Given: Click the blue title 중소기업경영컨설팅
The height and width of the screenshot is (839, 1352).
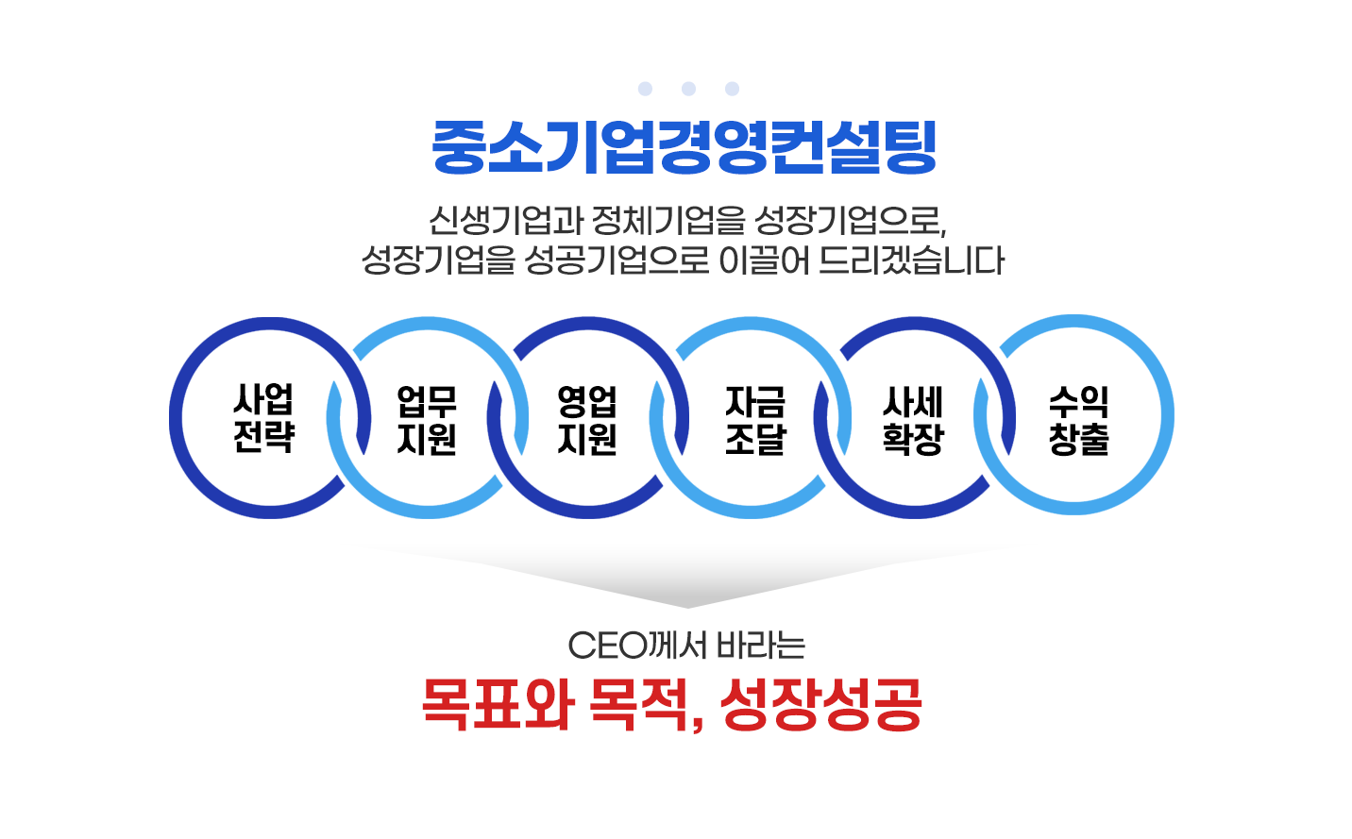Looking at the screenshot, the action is click(x=684, y=147).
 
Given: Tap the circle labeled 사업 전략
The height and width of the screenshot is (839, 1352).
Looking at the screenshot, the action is click(x=264, y=418).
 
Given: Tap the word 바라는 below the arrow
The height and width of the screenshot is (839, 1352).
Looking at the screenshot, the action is click(x=761, y=646).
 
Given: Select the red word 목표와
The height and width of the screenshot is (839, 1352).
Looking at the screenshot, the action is click(x=498, y=704).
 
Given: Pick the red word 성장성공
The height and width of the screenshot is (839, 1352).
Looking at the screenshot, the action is click(x=820, y=704).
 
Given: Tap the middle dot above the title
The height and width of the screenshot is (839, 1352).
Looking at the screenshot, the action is click(x=688, y=89).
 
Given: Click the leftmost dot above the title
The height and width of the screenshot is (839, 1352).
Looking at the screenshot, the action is click(x=645, y=89).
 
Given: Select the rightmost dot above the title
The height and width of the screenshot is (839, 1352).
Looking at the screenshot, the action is click(x=732, y=89).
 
